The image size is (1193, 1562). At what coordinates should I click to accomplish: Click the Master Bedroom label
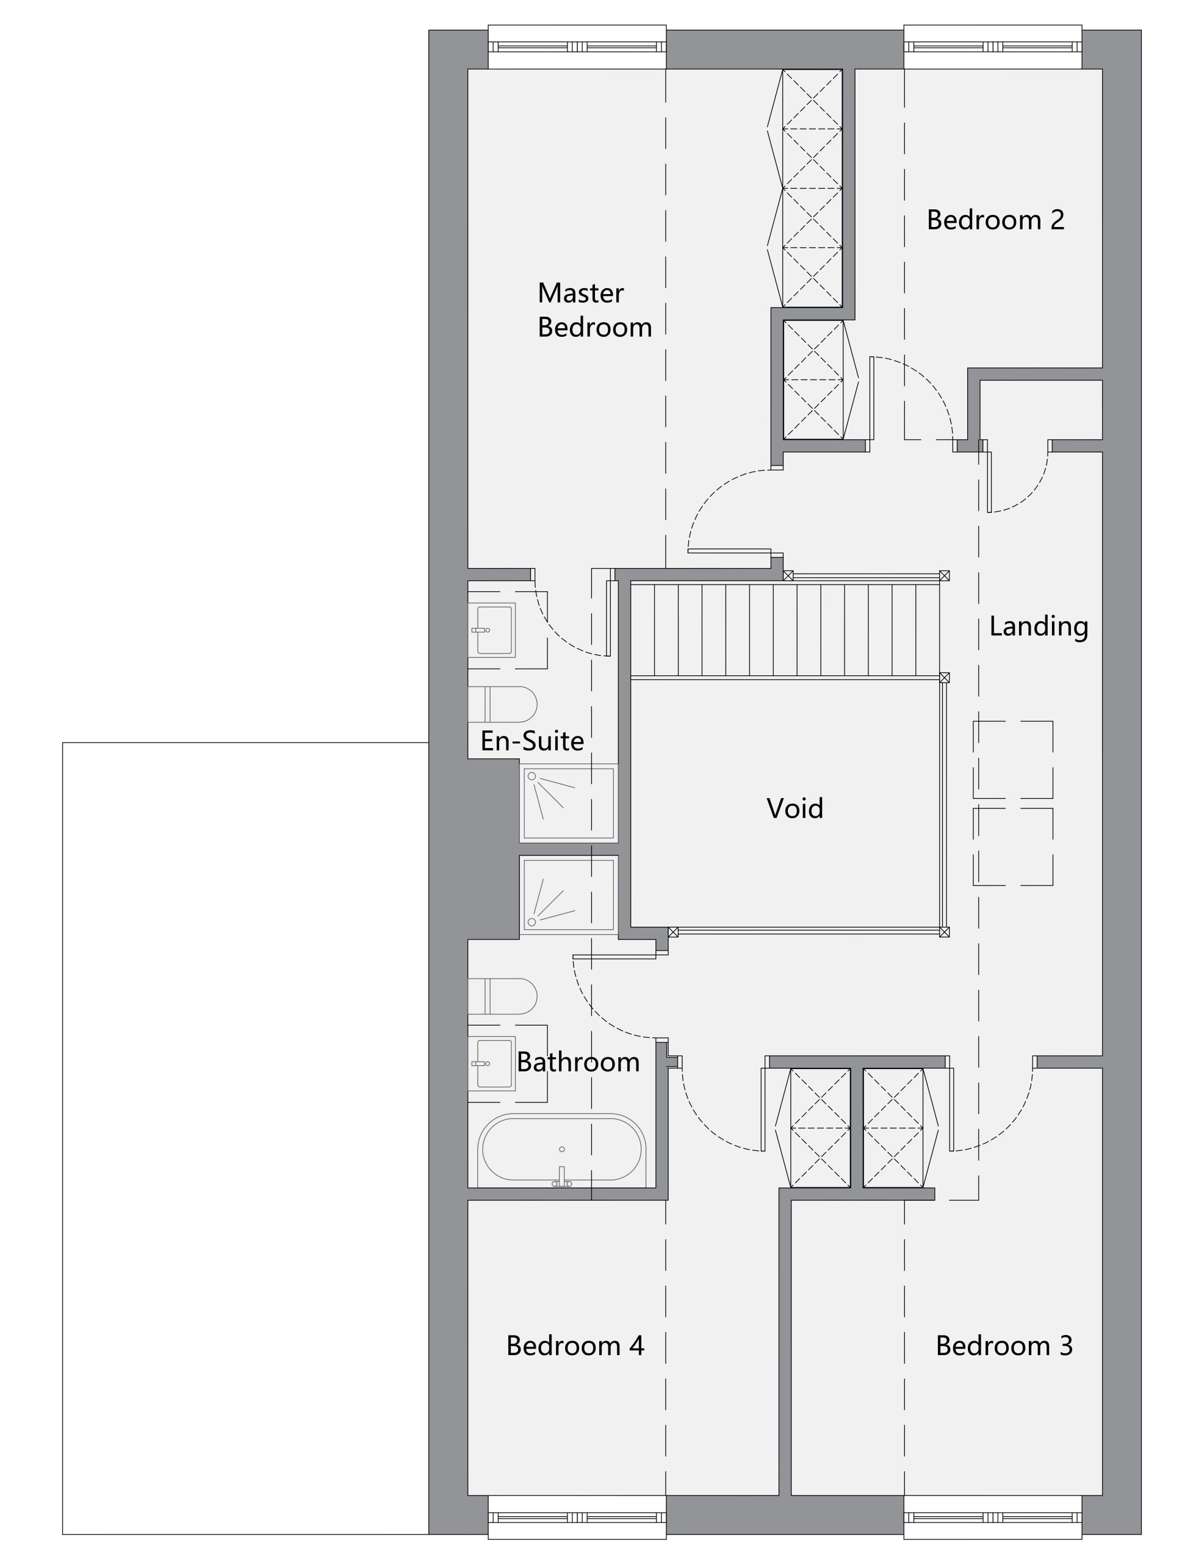click(x=594, y=311)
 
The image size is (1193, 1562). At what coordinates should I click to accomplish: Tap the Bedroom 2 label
click(x=995, y=220)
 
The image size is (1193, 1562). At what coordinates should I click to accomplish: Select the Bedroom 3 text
click(x=1003, y=1345)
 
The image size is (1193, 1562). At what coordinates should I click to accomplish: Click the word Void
click(x=795, y=808)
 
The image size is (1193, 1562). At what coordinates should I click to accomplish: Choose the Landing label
click(x=1038, y=626)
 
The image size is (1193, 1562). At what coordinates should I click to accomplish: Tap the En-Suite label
click(x=532, y=741)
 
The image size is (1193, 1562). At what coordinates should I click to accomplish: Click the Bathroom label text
click(x=578, y=1062)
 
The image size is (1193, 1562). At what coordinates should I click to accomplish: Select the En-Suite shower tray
click(x=568, y=803)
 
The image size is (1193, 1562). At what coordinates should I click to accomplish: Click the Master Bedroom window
click(x=577, y=47)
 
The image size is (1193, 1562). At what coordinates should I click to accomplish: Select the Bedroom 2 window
click(x=992, y=47)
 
